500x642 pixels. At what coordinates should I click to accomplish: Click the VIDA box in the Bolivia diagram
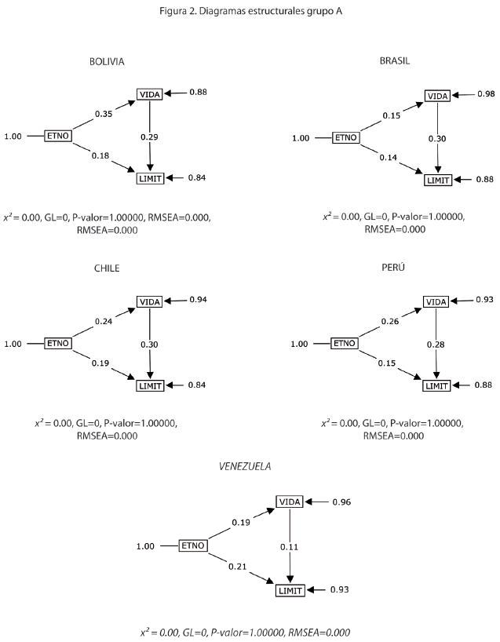(x=149, y=94)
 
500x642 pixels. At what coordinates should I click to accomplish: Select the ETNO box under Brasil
(x=346, y=138)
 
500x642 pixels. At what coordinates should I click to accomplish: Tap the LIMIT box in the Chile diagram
(x=149, y=385)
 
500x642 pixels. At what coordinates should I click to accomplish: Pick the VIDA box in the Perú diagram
(x=436, y=302)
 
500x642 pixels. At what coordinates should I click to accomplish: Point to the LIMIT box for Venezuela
(x=290, y=590)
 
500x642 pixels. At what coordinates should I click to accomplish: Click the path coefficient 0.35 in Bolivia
(x=103, y=114)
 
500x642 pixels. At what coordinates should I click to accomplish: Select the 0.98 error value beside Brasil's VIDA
(x=486, y=95)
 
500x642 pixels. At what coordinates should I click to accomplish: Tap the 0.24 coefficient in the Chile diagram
(x=104, y=321)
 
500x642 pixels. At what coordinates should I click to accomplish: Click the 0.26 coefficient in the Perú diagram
(x=391, y=321)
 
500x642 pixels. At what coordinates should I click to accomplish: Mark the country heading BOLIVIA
(x=107, y=61)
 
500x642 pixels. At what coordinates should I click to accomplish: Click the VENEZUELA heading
(x=245, y=466)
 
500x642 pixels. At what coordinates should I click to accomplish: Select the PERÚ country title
(x=394, y=268)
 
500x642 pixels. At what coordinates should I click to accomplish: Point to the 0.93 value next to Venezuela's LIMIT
(x=339, y=589)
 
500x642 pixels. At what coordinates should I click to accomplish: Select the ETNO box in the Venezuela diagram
(x=193, y=545)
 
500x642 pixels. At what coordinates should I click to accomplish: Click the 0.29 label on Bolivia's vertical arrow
(x=149, y=137)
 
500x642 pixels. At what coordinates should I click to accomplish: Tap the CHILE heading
(x=107, y=268)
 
